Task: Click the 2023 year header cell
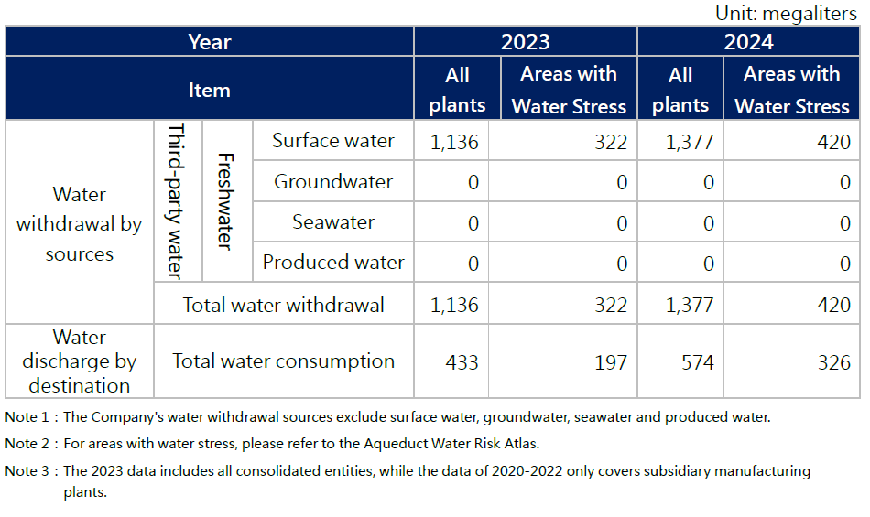click(525, 42)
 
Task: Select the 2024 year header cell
click(748, 42)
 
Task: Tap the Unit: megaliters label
click(786, 14)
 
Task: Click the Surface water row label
click(332, 142)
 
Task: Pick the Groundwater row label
click(332, 182)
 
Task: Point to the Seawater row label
click(332, 222)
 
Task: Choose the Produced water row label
click(332, 263)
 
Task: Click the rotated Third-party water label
click(178, 200)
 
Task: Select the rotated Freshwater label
click(225, 200)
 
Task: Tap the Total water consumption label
click(283, 361)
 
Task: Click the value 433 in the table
click(462, 363)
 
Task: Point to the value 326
click(833, 363)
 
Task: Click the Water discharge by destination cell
click(80, 361)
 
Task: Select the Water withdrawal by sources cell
click(80, 224)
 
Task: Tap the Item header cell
click(209, 90)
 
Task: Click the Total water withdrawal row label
click(283, 306)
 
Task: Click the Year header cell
click(209, 42)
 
